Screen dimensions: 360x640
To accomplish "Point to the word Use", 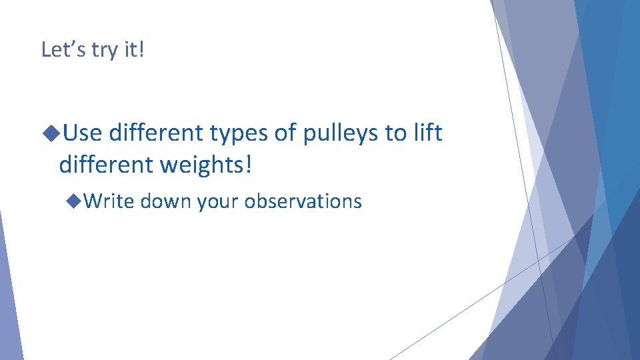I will pyautogui.click(x=83, y=133).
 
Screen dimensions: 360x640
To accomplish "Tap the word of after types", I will pyautogui.click(x=286, y=133).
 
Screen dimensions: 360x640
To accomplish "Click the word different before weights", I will pyautogui.click(x=107, y=164).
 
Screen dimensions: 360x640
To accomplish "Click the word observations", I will pyautogui.click(x=303, y=201).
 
